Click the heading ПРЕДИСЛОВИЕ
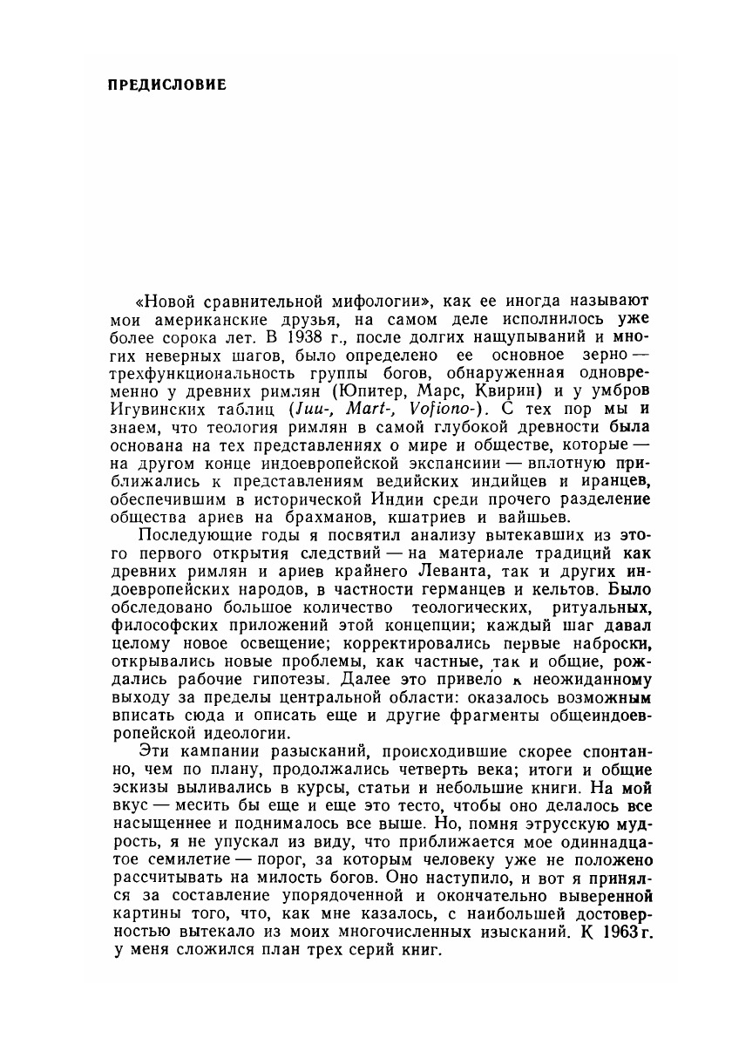coord(166,85)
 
